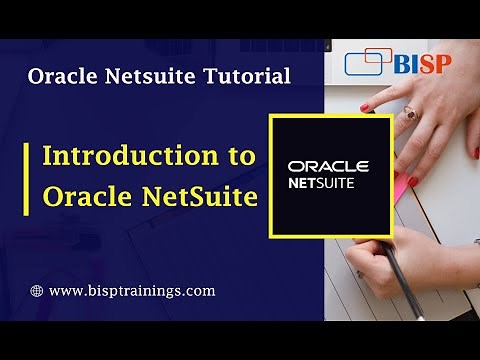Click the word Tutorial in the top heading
pos(248,75)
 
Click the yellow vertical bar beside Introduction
pos(27,177)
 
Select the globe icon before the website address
pos(37,291)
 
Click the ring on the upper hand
pos(409,114)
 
